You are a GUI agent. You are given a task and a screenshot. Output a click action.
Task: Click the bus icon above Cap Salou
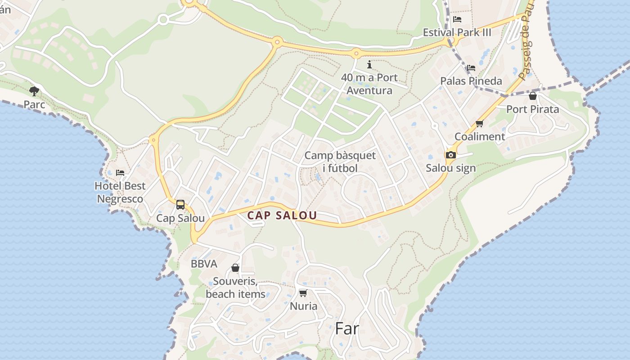(180, 205)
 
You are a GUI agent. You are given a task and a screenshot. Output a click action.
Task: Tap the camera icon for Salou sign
(450, 155)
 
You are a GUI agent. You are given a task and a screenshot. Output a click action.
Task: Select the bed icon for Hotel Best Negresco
(120, 172)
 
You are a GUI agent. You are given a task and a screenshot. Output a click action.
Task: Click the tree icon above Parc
(34, 91)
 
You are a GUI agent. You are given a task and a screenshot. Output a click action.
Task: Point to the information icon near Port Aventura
(369, 64)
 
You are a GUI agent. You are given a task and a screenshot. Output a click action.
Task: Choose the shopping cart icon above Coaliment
(479, 123)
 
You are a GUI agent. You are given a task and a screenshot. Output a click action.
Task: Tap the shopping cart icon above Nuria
(303, 293)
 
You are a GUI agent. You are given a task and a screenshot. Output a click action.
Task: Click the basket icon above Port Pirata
(533, 96)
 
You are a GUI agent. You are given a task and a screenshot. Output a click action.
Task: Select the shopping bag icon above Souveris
(235, 268)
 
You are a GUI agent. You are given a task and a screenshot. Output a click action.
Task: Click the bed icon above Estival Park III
(457, 19)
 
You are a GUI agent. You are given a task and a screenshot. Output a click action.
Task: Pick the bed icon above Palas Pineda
(471, 67)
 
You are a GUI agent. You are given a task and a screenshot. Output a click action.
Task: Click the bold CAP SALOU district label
(282, 216)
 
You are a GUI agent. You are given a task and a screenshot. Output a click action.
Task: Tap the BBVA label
(204, 264)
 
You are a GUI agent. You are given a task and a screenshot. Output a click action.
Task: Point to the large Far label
(347, 328)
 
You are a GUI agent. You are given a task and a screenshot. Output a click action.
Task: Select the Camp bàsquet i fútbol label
(340, 162)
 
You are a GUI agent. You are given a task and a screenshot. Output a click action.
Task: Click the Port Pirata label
(533, 109)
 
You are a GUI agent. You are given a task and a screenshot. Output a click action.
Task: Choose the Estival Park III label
(457, 32)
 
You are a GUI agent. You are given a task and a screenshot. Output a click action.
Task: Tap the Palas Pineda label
(471, 81)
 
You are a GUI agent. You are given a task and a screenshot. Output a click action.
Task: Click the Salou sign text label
(450, 168)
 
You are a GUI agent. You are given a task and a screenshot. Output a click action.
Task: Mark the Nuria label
(303, 306)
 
